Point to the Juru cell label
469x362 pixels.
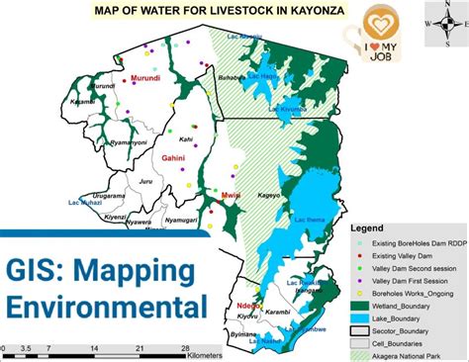tap(145, 181)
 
